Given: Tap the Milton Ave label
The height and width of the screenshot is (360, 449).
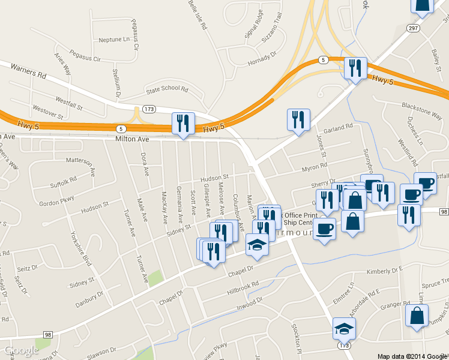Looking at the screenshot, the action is pyautogui.click(x=131, y=139).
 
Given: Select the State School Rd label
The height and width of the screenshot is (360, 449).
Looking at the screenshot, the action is pyautogui.click(x=167, y=90).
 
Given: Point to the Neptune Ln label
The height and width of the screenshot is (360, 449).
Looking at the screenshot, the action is pyautogui.click(x=113, y=40).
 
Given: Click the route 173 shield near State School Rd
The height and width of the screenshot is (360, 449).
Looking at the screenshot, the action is pyautogui.click(x=149, y=109).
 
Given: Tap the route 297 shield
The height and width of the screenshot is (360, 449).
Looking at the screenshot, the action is pyautogui.click(x=412, y=28).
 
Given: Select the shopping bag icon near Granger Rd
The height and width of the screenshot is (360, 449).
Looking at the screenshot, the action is pyautogui.click(x=417, y=316).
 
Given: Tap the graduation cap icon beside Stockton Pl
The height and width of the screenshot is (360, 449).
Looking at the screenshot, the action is pyautogui.click(x=344, y=328).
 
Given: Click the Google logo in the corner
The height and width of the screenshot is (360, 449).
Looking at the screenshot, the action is pyautogui.click(x=20, y=350).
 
